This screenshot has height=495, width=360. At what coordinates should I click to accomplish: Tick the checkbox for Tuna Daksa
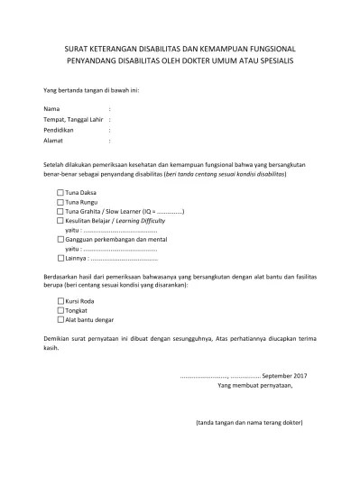[60, 192]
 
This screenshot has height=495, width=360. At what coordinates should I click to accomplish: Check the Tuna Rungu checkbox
[60, 202]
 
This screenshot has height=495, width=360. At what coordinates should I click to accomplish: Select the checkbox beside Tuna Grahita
[60, 211]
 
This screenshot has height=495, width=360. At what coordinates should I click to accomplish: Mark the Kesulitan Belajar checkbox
[60, 220]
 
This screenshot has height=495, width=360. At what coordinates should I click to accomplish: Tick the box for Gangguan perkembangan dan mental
[60, 239]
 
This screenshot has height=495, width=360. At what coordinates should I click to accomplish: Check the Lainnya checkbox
[60, 258]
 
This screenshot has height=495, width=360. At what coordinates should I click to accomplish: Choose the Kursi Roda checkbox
[60, 301]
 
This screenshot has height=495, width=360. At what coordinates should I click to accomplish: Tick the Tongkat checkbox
[60, 310]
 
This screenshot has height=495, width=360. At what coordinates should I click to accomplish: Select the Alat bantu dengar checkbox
[60, 319]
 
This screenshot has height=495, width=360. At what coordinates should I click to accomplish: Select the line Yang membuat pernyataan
[255, 385]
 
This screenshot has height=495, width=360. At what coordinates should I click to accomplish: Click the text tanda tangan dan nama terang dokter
[248, 423]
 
